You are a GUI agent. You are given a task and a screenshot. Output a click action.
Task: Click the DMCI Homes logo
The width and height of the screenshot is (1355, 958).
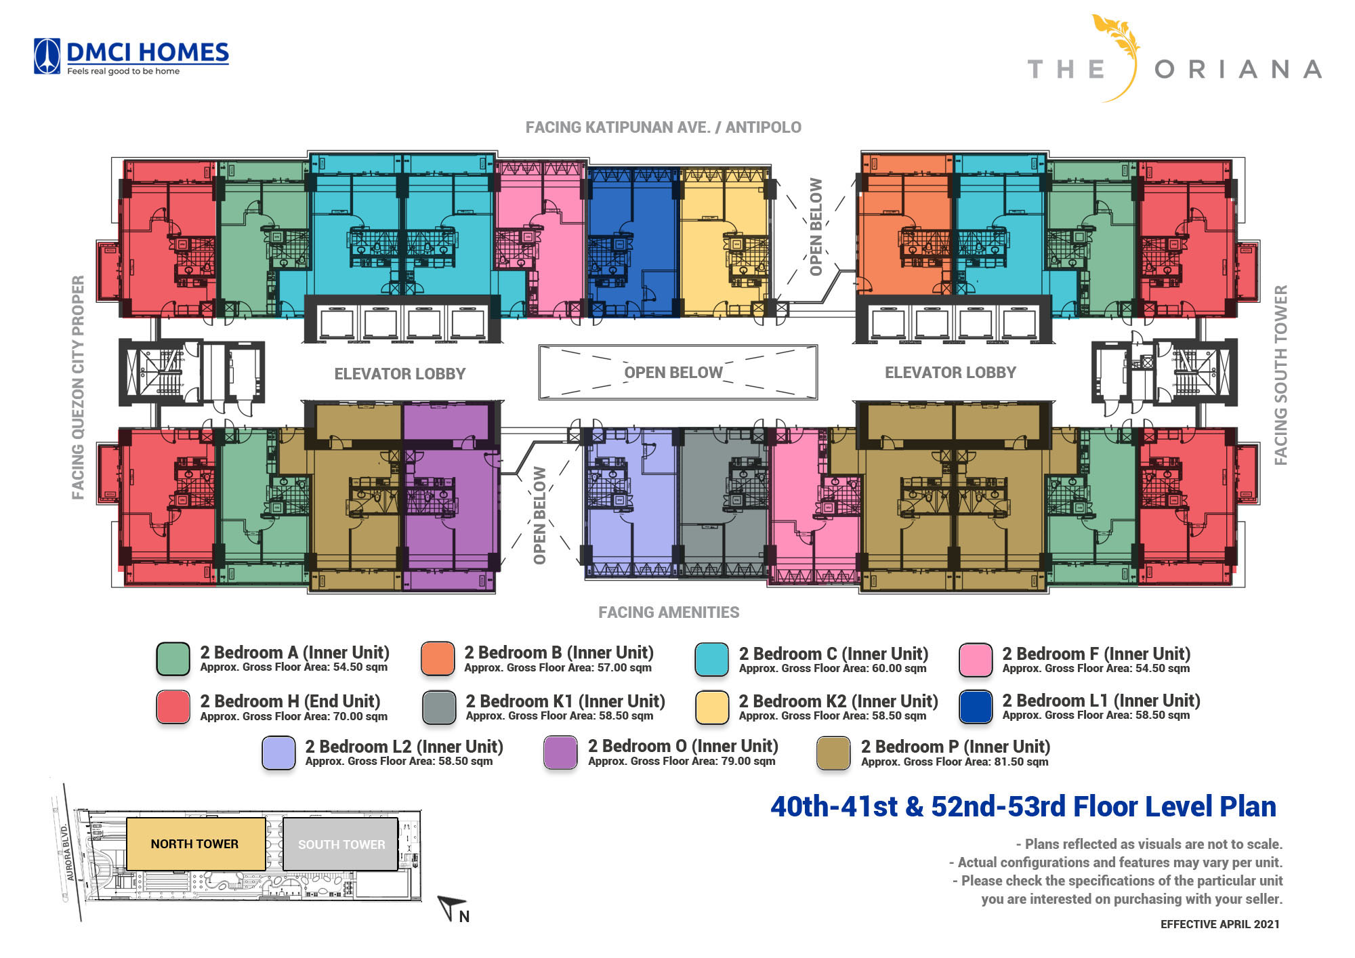(131, 57)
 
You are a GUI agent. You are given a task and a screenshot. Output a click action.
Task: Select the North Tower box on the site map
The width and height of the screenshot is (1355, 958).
(195, 844)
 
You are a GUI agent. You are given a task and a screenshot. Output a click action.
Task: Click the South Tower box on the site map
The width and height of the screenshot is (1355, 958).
(340, 844)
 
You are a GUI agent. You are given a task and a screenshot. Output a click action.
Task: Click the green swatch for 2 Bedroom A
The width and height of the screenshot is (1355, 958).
(173, 659)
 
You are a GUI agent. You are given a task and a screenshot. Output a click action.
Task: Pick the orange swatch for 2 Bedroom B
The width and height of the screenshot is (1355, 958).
(437, 659)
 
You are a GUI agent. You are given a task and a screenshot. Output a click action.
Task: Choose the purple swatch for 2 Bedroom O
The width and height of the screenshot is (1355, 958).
(560, 753)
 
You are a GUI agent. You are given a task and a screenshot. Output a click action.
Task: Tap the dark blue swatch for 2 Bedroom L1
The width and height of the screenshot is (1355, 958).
(976, 707)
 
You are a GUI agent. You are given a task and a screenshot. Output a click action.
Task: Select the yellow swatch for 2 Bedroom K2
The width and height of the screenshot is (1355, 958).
(712, 707)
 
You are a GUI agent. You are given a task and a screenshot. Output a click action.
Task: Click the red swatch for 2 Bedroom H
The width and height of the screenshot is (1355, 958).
(173, 707)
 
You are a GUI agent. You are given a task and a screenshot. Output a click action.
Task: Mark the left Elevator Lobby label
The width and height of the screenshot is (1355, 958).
(400, 373)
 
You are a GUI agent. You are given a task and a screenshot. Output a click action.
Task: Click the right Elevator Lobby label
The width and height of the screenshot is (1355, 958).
(951, 372)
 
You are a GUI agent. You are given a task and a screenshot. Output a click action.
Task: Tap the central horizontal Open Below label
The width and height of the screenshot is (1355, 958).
(673, 373)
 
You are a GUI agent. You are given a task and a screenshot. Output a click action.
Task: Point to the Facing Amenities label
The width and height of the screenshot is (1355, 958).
(669, 612)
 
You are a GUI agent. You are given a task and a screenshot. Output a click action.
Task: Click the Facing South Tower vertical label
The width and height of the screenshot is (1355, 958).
(1280, 375)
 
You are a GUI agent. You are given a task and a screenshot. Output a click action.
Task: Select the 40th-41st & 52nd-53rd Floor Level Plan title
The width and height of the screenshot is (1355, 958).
(1023, 806)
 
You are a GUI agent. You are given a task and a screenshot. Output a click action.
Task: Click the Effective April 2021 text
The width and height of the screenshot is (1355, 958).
(1220, 924)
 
